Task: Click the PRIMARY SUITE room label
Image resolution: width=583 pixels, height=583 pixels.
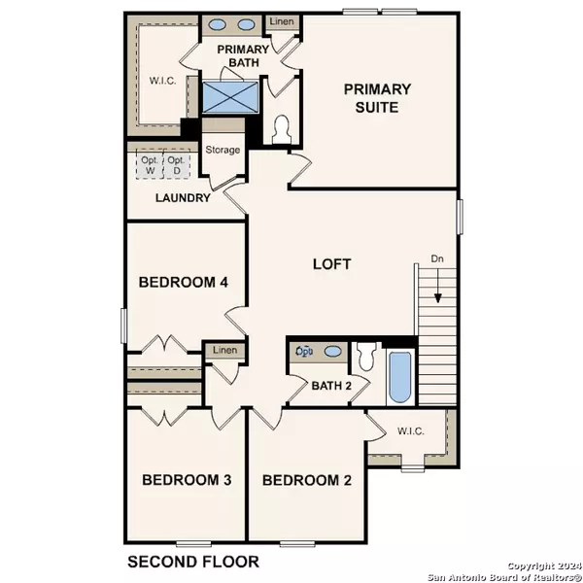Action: coord(377,98)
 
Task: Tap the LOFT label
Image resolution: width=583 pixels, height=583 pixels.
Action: coord(331,263)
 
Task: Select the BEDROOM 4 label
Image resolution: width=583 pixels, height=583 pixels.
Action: coord(183,283)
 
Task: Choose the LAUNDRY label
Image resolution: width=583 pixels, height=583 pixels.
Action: coord(183,198)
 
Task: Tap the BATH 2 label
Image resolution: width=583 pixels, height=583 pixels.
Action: coord(330,386)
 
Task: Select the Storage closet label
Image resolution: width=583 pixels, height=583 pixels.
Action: coord(223,150)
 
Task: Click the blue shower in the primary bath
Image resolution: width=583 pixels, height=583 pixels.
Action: coord(229,98)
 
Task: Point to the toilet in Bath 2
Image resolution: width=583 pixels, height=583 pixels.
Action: coord(366,357)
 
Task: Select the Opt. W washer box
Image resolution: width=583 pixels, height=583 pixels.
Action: coord(149,166)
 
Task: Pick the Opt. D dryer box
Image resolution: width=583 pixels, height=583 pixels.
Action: coord(177,166)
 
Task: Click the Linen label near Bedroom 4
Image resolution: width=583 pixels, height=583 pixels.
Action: coord(224,350)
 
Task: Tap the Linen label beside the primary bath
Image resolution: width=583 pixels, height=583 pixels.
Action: coord(281,20)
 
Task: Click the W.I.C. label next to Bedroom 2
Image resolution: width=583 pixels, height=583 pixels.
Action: coord(407,430)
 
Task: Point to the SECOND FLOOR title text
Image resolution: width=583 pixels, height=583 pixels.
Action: coord(193,561)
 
